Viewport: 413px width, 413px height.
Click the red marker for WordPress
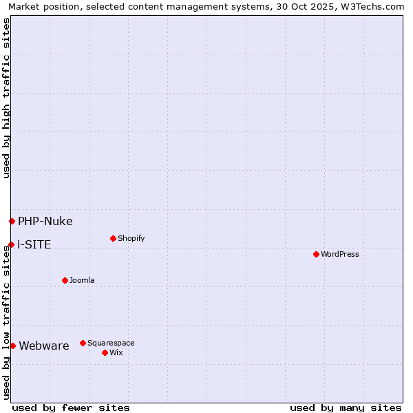[x=316, y=254]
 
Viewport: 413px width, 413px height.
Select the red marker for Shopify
[x=113, y=238]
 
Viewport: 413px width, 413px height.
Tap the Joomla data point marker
[x=65, y=280]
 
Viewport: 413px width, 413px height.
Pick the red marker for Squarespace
[x=83, y=343]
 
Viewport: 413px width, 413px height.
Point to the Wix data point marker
[x=105, y=352]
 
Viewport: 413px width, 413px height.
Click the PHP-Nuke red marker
[x=12, y=221]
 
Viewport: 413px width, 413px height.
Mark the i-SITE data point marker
[x=11, y=244]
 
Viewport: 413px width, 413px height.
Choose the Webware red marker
[x=12, y=346]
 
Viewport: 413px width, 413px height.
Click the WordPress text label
[x=340, y=254]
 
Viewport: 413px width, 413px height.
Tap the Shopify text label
[x=131, y=238]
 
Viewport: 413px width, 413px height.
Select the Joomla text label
[x=82, y=280]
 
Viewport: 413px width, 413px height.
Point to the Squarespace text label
[x=111, y=343]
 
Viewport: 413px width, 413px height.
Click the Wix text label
[x=116, y=352]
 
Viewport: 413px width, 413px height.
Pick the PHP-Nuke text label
[x=45, y=221]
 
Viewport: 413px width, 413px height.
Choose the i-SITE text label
[x=34, y=244]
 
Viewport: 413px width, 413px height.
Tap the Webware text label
[x=44, y=346]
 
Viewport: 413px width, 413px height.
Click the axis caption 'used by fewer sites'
[x=71, y=407]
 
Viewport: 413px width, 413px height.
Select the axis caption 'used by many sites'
[x=346, y=407]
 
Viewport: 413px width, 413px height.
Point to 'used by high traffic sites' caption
[x=6, y=98]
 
